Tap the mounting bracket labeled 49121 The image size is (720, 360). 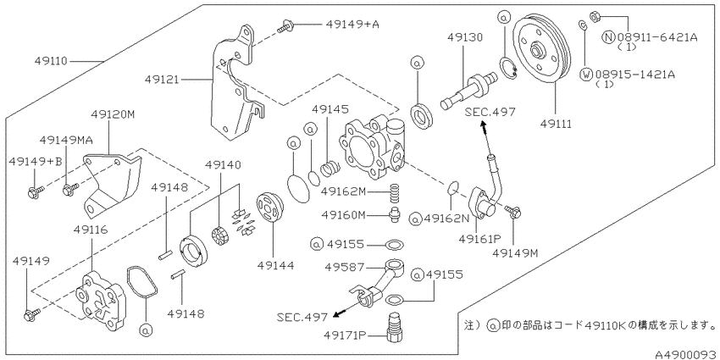[236, 82]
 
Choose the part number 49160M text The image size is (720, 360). [343, 214]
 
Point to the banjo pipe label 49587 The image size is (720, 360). [344, 266]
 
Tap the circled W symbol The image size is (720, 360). [586, 75]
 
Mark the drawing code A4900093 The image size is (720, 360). [686, 354]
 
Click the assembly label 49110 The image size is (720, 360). [51, 61]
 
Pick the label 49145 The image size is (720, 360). [330, 109]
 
